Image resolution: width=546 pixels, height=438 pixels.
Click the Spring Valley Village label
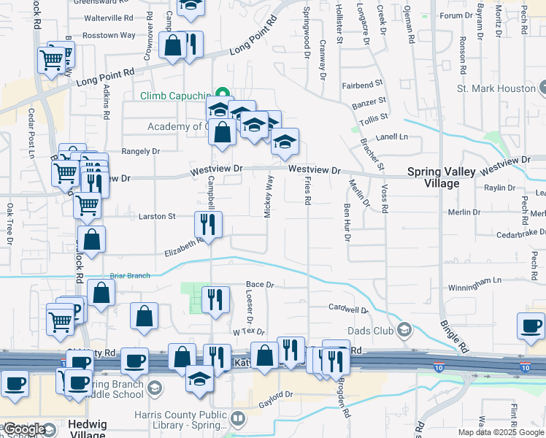click(x=441, y=177)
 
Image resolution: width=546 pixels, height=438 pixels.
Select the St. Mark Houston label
click(x=496, y=88)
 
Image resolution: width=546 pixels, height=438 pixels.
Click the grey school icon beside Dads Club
click(x=403, y=330)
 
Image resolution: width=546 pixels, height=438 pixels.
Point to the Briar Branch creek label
click(x=128, y=276)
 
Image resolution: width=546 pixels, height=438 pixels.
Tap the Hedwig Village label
click(x=86, y=429)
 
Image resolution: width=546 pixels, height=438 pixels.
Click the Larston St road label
click(x=157, y=217)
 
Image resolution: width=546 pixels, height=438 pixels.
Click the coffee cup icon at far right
click(x=531, y=326)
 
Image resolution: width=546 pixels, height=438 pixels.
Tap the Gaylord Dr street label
click(x=278, y=394)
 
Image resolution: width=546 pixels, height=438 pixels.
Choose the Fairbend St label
click(x=363, y=85)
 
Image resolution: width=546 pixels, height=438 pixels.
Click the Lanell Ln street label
click(x=392, y=137)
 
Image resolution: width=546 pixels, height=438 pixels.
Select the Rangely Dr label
click(x=140, y=152)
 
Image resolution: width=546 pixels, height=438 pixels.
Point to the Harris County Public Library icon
click(x=238, y=418)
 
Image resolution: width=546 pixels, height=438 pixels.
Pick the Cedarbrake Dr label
click(x=520, y=232)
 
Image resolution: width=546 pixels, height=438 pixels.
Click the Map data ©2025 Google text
click(x=500, y=432)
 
